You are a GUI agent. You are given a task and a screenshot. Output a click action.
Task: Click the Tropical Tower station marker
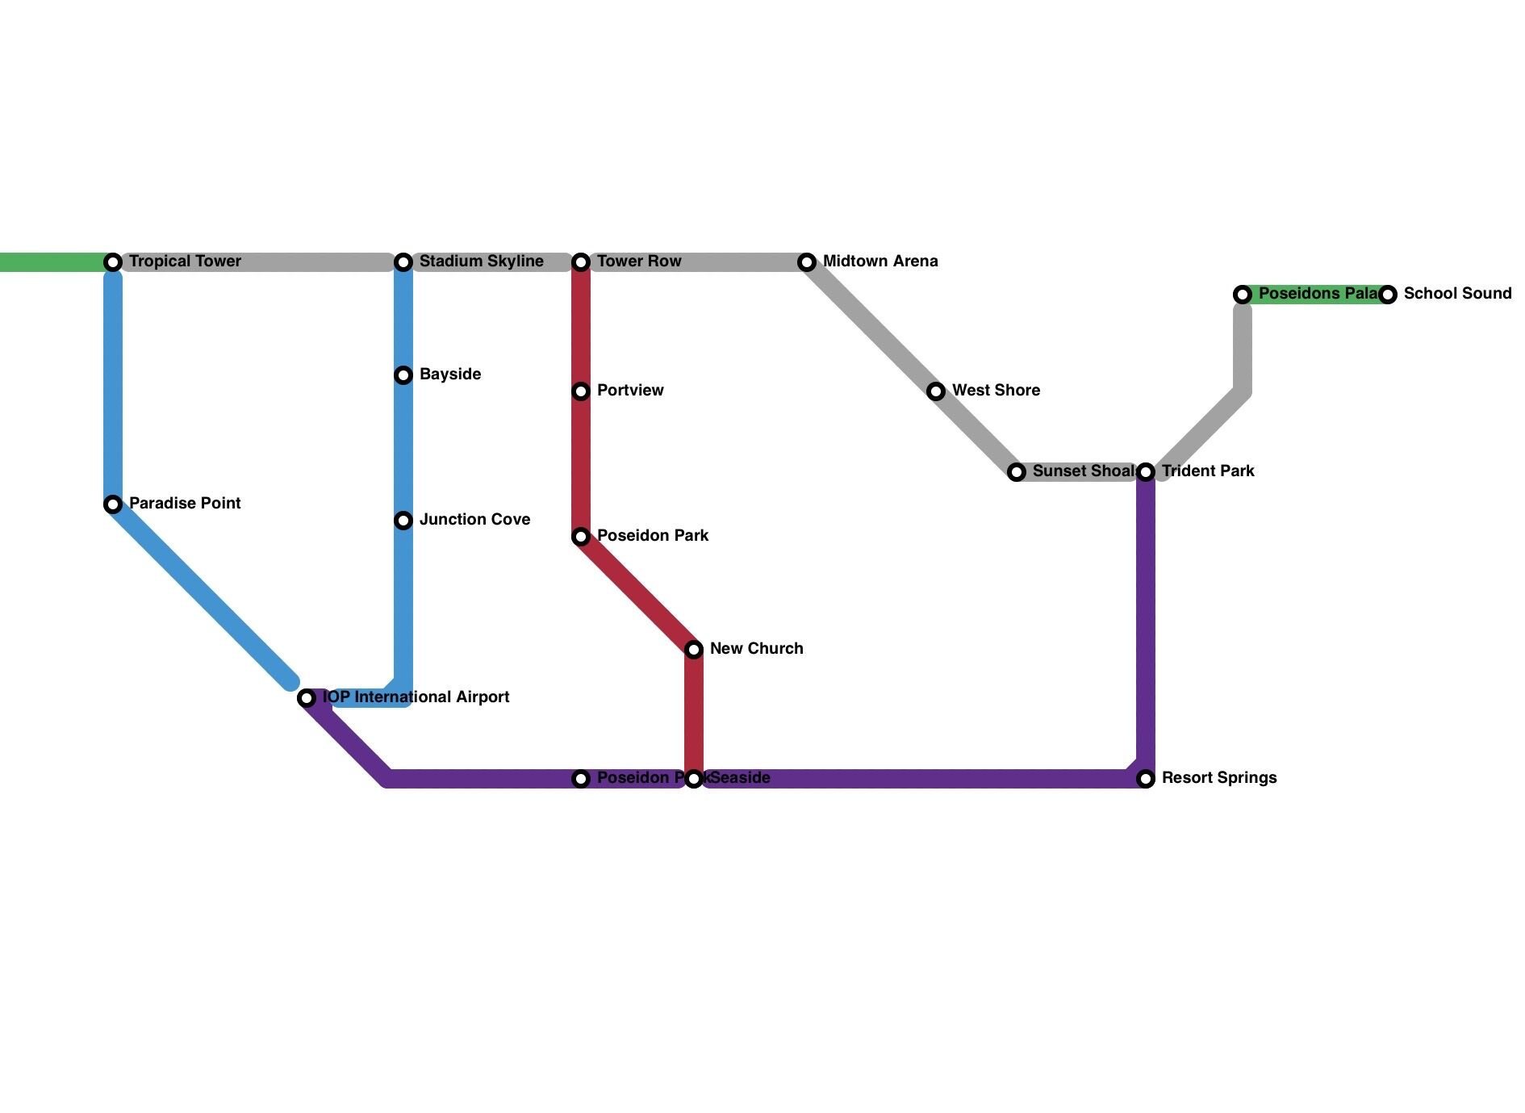114,262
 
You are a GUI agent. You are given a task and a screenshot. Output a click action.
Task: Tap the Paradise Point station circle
114,504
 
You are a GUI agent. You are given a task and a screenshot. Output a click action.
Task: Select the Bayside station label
449,374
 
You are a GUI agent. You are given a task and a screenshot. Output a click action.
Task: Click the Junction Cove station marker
403,521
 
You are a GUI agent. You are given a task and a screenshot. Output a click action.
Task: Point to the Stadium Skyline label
481,262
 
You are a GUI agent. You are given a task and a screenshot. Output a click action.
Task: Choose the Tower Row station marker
581,262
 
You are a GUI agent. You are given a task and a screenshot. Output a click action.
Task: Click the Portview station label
629,391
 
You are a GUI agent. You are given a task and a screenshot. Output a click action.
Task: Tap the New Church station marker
694,650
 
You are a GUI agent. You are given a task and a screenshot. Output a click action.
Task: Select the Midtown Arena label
879,262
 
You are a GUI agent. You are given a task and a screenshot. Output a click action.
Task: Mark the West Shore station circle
936,391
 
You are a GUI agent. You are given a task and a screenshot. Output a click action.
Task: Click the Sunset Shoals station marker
1017,472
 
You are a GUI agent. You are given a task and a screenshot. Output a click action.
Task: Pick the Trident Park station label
1207,471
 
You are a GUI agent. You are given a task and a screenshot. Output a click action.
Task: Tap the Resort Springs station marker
1146,779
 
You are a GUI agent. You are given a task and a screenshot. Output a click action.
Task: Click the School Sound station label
1457,294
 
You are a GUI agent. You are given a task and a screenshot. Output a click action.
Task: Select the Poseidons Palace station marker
1243,295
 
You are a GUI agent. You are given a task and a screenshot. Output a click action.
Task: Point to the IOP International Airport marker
307,698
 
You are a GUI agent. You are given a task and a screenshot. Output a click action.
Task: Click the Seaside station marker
694,779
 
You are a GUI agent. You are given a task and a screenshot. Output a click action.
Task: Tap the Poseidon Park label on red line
652,536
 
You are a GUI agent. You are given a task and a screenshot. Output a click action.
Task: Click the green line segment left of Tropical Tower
48,262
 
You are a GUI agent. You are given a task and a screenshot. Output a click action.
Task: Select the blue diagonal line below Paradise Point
202,593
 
